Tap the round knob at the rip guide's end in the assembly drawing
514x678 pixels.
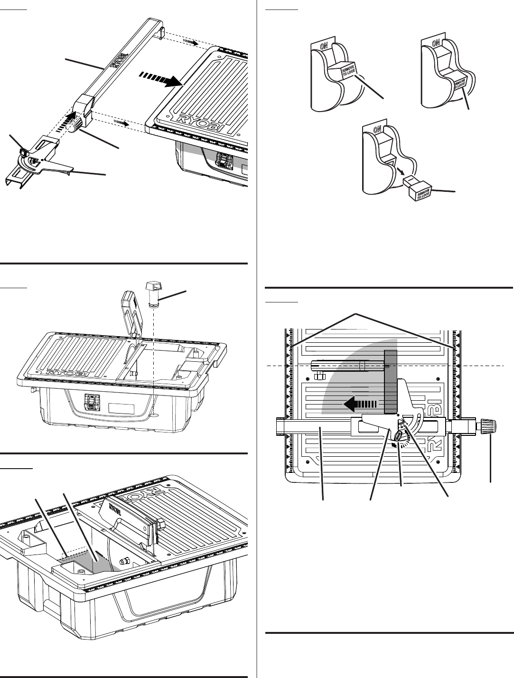75,126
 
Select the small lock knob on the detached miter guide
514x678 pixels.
23,151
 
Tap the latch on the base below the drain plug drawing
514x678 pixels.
92,403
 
